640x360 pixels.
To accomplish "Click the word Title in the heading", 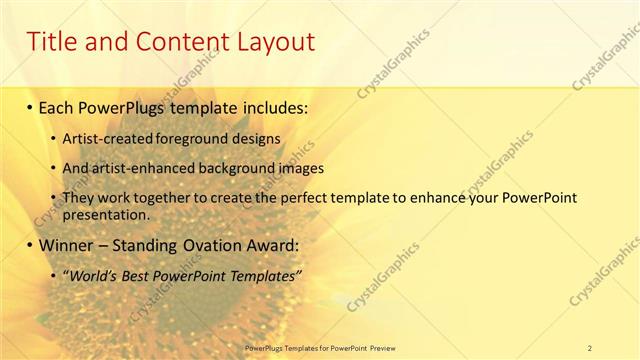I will pos(53,42).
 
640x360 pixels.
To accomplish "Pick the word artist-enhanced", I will pos(146,168).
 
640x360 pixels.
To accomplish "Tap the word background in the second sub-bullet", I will pos(243,168).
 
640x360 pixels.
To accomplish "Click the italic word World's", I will pos(93,275).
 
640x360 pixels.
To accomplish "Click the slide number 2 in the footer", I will pos(589,348).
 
